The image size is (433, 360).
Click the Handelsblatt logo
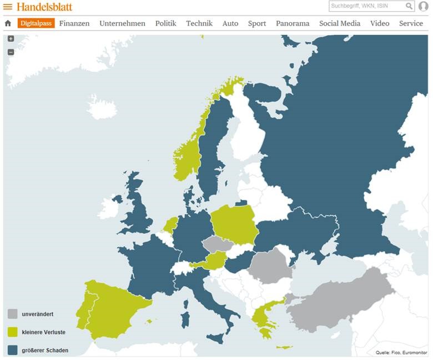44,7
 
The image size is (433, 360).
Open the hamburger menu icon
8,7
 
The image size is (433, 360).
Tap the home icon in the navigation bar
8,23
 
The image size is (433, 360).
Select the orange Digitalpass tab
36,23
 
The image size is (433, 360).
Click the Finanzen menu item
74,23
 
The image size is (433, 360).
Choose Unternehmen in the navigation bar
122,23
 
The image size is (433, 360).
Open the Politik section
165,23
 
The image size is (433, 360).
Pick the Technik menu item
199,23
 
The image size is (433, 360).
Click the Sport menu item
257,23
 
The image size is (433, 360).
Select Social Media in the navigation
340,23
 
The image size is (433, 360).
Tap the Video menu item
380,23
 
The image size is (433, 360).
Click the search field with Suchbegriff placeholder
366,6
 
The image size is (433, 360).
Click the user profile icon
424,6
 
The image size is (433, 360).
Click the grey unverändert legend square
13,314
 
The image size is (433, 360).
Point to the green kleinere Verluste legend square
13,332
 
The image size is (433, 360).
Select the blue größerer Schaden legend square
13,350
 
